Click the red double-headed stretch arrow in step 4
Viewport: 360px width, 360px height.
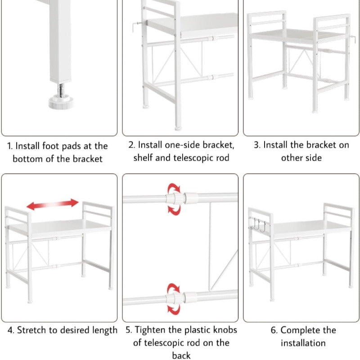53,204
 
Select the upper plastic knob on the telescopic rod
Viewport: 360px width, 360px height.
175,198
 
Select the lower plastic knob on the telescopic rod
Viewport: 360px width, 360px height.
175,298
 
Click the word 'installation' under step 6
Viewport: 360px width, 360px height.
303,343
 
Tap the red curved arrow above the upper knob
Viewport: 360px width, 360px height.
174,188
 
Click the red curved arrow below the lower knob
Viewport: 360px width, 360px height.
174,309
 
